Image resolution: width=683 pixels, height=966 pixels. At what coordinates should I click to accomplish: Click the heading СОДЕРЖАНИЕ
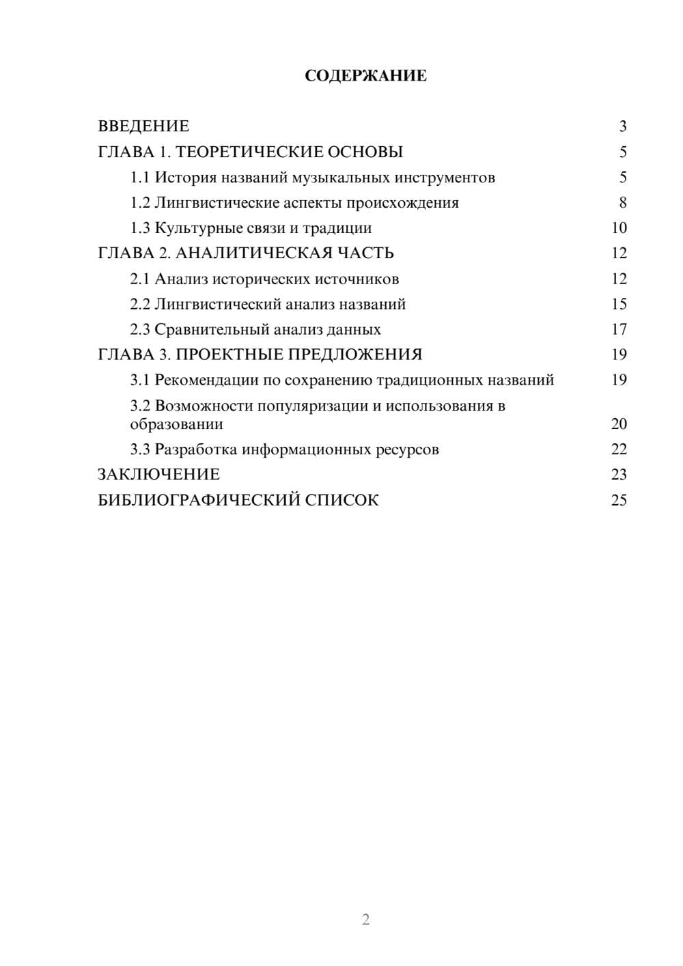click(x=365, y=76)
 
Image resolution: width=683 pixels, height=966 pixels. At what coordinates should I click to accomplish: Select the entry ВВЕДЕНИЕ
click(x=143, y=126)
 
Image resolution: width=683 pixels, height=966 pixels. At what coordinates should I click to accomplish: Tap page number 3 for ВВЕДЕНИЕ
click(x=622, y=126)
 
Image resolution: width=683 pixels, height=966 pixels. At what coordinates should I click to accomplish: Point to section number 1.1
click(x=139, y=178)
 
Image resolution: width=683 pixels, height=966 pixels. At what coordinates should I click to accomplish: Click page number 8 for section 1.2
click(x=622, y=203)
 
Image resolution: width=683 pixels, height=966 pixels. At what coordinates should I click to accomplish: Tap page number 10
click(x=619, y=228)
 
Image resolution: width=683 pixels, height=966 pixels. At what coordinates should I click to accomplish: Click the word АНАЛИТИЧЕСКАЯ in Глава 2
click(x=253, y=253)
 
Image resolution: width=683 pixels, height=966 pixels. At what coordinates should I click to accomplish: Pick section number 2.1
click(x=139, y=279)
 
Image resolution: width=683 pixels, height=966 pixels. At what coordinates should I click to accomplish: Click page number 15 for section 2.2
click(x=619, y=304)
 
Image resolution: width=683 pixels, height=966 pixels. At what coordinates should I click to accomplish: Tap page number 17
click(x=619, y=329)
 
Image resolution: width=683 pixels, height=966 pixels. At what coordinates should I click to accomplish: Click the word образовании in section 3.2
click(x=176, y=424)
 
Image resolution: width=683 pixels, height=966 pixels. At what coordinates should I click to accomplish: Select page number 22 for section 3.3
click(x=619, y=450)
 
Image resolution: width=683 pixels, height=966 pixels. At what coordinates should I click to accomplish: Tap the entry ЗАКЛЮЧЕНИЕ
click(x=158, y=475)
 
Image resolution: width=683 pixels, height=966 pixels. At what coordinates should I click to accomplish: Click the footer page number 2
click(x=365, y=920)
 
